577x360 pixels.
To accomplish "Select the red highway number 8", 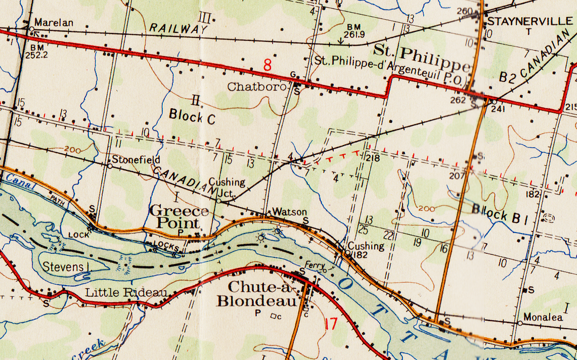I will click(268, 65).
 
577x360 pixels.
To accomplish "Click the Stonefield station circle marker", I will click(110, 165).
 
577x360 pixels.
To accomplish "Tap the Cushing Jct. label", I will click(227, 187).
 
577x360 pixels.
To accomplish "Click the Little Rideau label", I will click(126, 292).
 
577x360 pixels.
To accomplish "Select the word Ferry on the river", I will click(314, 264).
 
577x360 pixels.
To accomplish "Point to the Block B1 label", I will click(500, 213).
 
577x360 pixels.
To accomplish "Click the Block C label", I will click(192, 115).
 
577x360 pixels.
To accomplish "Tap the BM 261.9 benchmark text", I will click(354, 31).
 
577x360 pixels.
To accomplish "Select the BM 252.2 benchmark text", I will click(35, 52).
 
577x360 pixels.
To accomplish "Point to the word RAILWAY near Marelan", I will click(178, 28).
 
